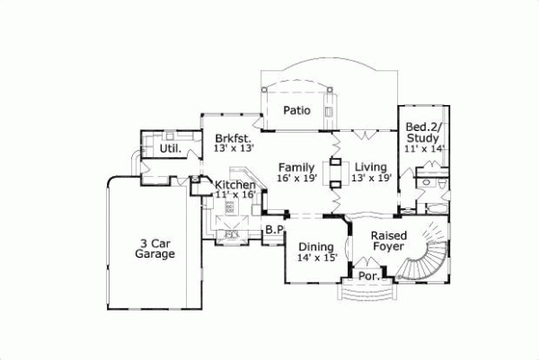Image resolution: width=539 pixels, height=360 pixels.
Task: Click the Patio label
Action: (x=296, y=111)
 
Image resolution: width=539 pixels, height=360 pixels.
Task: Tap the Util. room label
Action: (x=170, y=148)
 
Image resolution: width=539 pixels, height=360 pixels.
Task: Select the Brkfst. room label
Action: (x=232, y=138)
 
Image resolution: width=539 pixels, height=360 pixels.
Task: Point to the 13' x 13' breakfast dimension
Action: (x=234, y=150)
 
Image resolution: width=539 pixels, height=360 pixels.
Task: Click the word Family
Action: (x=296, y=168)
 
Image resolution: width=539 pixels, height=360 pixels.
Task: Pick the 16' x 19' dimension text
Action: (x=296, y=180)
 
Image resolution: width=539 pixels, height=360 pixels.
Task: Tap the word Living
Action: (x=369, y=168)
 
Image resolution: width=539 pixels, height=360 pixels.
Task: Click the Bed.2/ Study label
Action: (x=421, y=132)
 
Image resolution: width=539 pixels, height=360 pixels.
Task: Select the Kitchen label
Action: (x=235, y=185)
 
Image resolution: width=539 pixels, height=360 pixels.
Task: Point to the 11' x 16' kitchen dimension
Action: (x=236, y=195)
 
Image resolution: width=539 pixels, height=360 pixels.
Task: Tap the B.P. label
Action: (x=274, y=231)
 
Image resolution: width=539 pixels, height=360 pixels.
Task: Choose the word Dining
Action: (x=316, y=246)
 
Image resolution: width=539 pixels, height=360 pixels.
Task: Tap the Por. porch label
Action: (x=367, y=277)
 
